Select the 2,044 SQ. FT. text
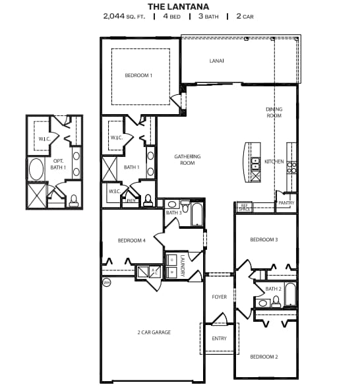coord(125,16)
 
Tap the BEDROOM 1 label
coord(138,75)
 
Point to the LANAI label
coord(216,61)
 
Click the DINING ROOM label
coord(274,112)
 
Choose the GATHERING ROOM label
coord(187,159)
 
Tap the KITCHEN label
coord(274,162)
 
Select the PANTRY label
coord(286,203)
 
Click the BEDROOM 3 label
coord(264,239)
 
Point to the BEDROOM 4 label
coord(131,240)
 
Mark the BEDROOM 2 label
coord(264,357)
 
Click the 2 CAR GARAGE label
coord(153,332)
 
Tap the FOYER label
coord(220,297)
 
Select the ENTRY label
coord(219,338)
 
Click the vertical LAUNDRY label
coord(182,267)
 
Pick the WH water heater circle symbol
coord(106,283)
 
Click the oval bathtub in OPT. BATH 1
coord(37,169)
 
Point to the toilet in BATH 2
coord(276,302)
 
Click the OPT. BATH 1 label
coord(58,164)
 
